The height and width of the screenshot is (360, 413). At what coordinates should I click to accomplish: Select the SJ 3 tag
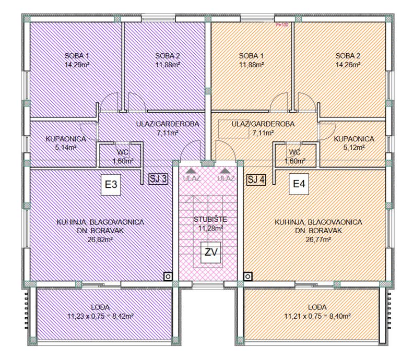[158, 179]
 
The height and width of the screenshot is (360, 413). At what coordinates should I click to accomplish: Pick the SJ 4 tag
[256, 179]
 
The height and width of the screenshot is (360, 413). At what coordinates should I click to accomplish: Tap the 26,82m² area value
[100, 241]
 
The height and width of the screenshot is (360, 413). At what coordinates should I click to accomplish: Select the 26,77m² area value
[318, 241]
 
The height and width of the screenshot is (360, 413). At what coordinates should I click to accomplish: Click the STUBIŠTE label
[211, 219]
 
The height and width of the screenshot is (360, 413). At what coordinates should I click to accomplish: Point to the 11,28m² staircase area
[211, 228]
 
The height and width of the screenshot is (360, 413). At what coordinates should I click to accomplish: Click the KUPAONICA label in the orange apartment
[354, 139]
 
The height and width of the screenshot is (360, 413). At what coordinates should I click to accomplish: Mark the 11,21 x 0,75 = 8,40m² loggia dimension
[317, 316]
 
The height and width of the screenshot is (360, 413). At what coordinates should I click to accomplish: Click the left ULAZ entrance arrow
[192, 170]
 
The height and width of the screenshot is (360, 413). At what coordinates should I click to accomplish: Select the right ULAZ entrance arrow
[226, 170]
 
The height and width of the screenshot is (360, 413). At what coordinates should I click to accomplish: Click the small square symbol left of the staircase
[168, 276]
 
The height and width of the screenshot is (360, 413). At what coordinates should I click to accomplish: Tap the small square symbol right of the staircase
[248, 276]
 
